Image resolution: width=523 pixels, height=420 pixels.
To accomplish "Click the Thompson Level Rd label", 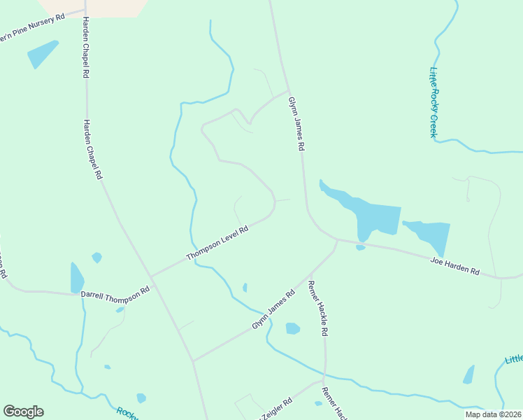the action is (x=217, y=244).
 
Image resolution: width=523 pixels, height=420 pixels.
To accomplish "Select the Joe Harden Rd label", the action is (x=454, y=266).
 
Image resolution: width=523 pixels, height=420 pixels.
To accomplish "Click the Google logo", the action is (x=23, y=412).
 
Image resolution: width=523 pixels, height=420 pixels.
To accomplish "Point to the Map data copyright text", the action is (x=493, y=414).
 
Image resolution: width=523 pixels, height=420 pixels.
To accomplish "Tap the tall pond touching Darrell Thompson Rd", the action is (x=76, y=277).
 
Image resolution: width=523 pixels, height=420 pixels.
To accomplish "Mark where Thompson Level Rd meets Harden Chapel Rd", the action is (x=151, y=276).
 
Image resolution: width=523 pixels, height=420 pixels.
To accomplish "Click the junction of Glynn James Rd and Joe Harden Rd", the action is (x=337, y=240).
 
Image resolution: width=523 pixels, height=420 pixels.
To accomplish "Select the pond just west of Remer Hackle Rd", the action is (x=293, y=328).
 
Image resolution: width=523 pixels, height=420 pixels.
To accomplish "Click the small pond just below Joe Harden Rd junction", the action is (x=360, y=247).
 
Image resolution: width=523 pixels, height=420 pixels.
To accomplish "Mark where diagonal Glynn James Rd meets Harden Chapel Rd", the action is (x=193, y=361).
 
